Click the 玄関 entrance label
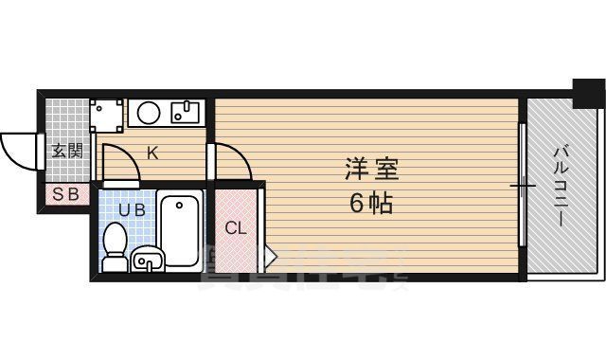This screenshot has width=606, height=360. coord(66,150)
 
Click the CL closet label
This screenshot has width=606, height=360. coord(236,227)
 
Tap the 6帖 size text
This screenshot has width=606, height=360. coord(369,202)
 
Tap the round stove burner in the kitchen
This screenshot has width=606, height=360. coord(149,114)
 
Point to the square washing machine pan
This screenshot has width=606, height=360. coord(107,116)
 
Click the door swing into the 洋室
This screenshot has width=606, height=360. coord(230,161)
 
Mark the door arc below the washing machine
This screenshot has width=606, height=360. coord(122,161)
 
